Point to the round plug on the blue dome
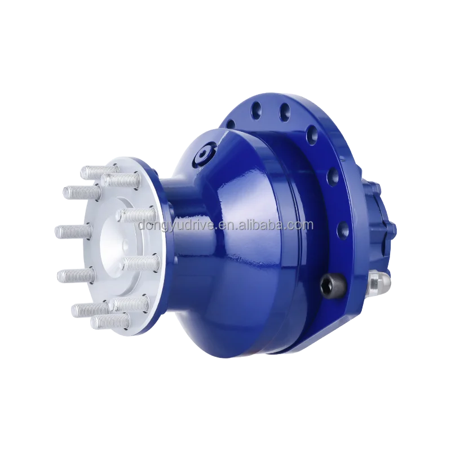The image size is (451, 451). click(x=201, y=154)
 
